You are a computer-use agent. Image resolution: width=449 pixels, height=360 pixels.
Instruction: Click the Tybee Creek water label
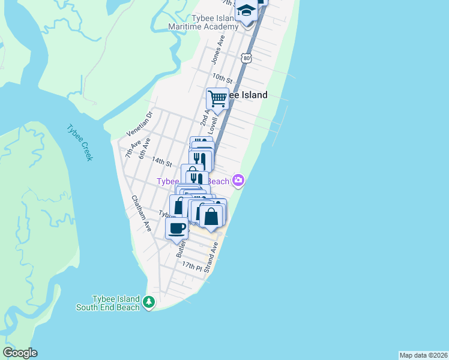(x=79, y=142)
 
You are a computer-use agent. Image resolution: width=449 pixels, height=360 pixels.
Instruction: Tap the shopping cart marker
(x=217, y=98)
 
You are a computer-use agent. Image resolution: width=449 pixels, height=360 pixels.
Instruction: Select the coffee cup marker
(x=176, y=228)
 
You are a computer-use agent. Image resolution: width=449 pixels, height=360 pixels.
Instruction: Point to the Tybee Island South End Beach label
(x=108, y=303)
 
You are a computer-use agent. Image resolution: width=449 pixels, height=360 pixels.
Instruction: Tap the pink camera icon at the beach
(x=239, y=180)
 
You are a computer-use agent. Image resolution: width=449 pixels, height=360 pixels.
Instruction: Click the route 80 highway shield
(x=247, y=58)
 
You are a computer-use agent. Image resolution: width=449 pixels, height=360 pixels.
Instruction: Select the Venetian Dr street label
(x=140, y=123)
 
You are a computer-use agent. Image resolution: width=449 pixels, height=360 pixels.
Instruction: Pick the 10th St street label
(x=221, y=78)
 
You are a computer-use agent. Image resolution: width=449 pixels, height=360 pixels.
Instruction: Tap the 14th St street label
(x=162, y=162)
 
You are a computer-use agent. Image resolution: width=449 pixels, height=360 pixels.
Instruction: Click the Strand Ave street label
(x=210, y=262)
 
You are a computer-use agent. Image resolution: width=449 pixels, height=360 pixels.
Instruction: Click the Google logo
(x=20, y=353)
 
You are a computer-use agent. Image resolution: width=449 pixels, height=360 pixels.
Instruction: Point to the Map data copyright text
(x=423, y=355)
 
